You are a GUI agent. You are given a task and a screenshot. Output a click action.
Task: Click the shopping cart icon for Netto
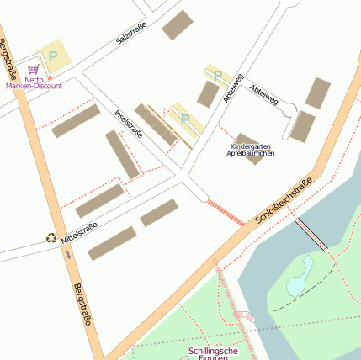tap(34, 69)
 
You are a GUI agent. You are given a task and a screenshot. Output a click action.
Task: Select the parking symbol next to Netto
tap(53, 56)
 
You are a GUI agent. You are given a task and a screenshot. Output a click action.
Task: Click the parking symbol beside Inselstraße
tap(185, 120)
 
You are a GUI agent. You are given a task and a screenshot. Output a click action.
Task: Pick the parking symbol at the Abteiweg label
tap(217, 75)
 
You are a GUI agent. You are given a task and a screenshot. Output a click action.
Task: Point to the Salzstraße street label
tap(132, 34)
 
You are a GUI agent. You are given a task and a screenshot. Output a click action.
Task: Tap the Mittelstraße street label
tap(79, 232)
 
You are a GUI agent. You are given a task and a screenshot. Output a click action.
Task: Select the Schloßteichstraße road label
tap(284, 203)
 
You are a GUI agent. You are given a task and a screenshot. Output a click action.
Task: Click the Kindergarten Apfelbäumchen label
tap(250, 150)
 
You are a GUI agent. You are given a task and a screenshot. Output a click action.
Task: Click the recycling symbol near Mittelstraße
tap(51, 238)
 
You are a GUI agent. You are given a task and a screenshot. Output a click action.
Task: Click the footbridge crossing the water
tap(311, 235)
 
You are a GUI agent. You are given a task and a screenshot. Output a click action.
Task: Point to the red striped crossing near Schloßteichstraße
tap(226, 213)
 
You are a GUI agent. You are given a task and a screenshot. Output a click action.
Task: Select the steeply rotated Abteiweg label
tap(233, 89)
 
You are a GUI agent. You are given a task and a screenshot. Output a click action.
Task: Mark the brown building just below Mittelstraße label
tap(112, 243)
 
